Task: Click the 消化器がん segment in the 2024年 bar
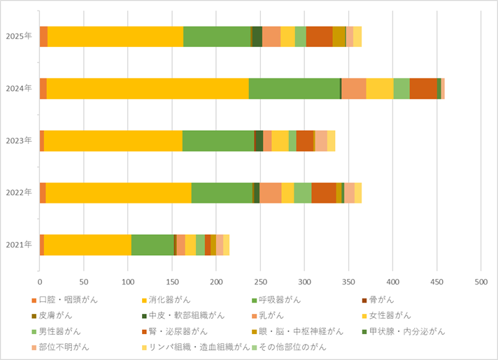pyautogui.click(x=148, y=89)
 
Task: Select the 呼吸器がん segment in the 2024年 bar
pyautogui.click(x=294, y=89)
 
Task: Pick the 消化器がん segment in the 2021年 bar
pyautogui.click(x=87, y=245)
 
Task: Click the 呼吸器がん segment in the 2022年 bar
pyautogui.click(x=222, y=192)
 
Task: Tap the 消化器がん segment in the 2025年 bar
pyautogui.click(x=115, y=36)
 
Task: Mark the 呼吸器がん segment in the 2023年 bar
pyautogui.click(x=218, y=141)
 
